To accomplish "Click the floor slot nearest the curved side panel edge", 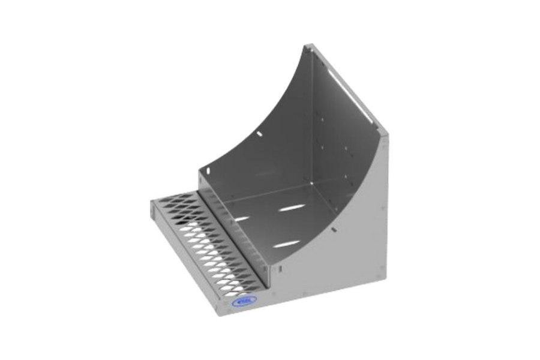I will [288, 242].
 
